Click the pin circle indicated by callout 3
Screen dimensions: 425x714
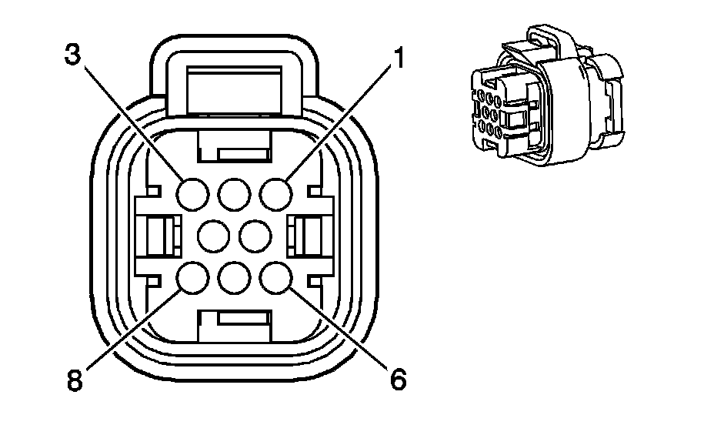pos(192,192)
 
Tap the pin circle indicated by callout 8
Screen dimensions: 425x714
pos(192,278)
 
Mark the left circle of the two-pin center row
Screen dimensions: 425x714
pos(213,235)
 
